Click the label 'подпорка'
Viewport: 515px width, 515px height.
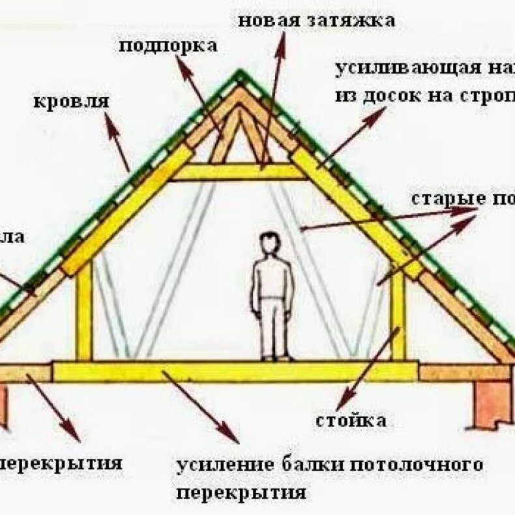(x=168, y=46)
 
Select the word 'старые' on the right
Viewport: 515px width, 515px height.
(x=443, y=198)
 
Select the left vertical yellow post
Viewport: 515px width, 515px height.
(x=84, y=313)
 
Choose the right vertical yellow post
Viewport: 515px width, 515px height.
(x=398, y=316)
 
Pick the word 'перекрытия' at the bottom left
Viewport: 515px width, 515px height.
(x=62, y=463)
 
